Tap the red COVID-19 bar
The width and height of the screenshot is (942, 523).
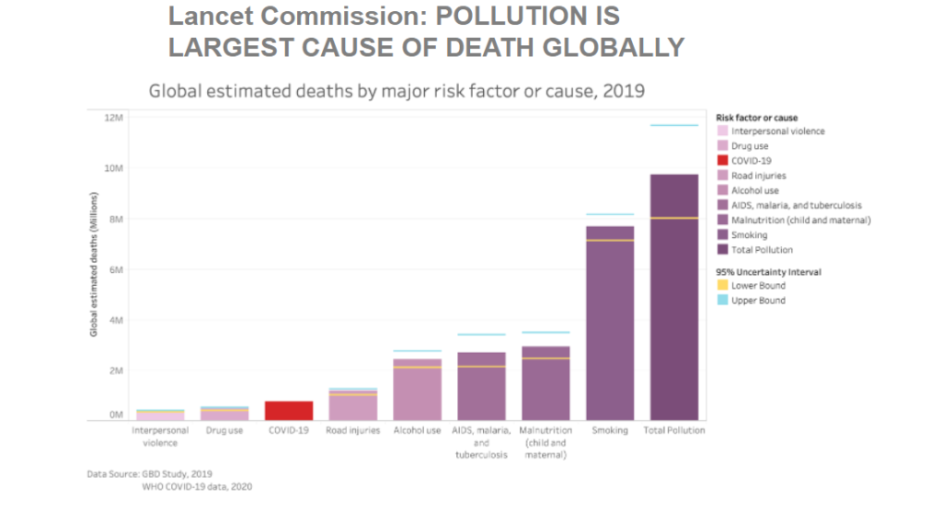pyautogui.click(x=289, y=410)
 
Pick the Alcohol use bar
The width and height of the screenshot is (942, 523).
pyautogui.click(x=417, y=390)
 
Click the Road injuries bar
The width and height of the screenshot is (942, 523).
pyautogui.click(x=353, y=405)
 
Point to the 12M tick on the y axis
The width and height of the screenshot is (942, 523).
pyautogui.click(x=114, y=118)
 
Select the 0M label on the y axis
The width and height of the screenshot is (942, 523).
pyautogui.click(x=117, y=415)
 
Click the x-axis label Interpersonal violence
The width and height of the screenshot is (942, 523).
pyautogui.click(x=160, y=437)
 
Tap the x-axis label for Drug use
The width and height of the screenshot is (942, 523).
pyautogui.click(x=224, y=430)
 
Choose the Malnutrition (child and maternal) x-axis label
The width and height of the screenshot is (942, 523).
pyautogui.click(x=546, y=442)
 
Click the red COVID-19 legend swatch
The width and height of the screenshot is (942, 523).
pyautogui.click(x=722, y=161)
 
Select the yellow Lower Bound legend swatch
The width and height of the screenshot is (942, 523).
pyautogui.click(x=722, y=286)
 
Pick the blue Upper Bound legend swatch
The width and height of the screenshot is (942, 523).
pyautogui.click(x=722, y=301)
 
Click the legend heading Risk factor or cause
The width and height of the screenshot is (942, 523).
pyautogui.click(x=756, y=118)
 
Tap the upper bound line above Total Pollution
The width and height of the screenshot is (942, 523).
pyautogui.click(x=674, y=126)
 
